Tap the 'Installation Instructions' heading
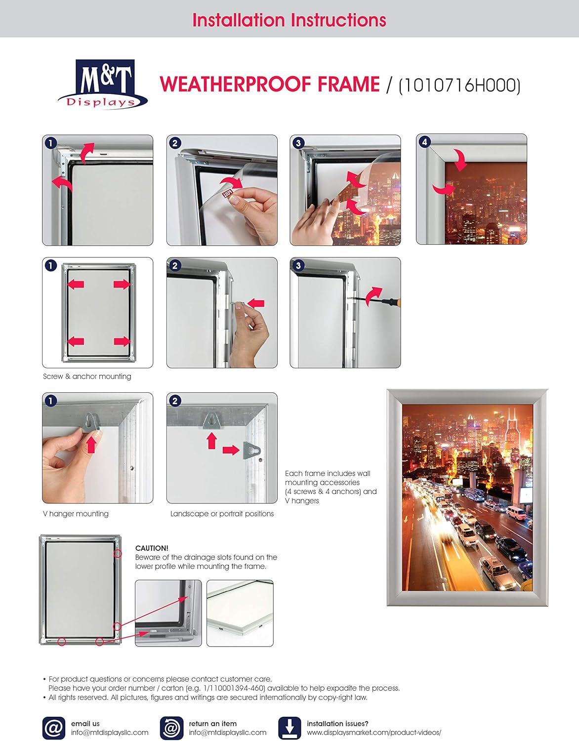[289, 20]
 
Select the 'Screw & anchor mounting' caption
[87, 376]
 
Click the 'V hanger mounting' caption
[76, 514]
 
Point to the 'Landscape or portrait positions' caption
[222, 514]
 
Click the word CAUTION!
[152, 548]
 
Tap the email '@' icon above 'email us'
[53, 728]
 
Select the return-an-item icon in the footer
[171, 728]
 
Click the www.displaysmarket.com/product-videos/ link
[374, 733]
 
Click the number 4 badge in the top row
[424, 142]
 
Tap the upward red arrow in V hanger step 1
[91, 445]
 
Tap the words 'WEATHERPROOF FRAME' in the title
[269, 84]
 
